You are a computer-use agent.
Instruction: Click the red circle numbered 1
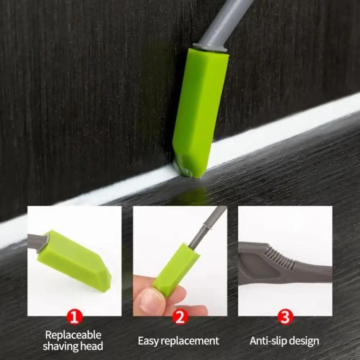pyautogui.click(x=75, y=317)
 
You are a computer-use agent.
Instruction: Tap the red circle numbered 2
pyautogui.click(x=180, y=317)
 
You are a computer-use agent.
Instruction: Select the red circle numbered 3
pyautogui.click(x=285, y=317)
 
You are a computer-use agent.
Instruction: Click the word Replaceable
pyautogui.click(x=73, y=335)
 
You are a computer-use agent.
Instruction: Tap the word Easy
pyautogui.click(x=148, y=341)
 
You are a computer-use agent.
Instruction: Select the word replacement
pyautogui.click(x=190, y=341)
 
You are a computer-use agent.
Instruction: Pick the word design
pyautogui.click(x=305, y=341)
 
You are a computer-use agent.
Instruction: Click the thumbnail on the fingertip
pyautogui.click(x=149, y=301)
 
